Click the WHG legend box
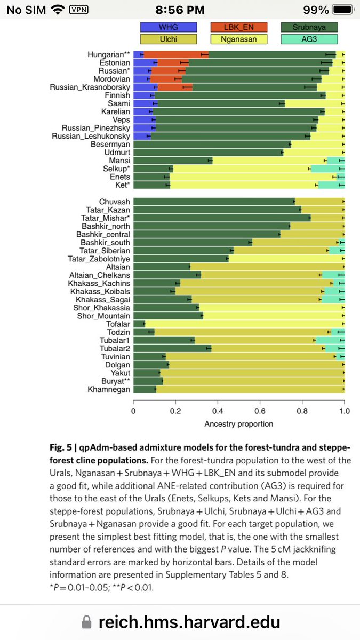[x=169, y=27]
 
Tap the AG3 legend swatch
[x=309, y=39]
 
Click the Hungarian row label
[x=109, y=54]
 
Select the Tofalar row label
[x=118, y=324]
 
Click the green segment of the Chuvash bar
[x=213, y=202]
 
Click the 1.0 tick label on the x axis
[x=344, y=411]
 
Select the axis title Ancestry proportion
[x=238, y=424]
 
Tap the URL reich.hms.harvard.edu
[x=189, y=621]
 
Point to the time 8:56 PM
[x=180, y=10]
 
